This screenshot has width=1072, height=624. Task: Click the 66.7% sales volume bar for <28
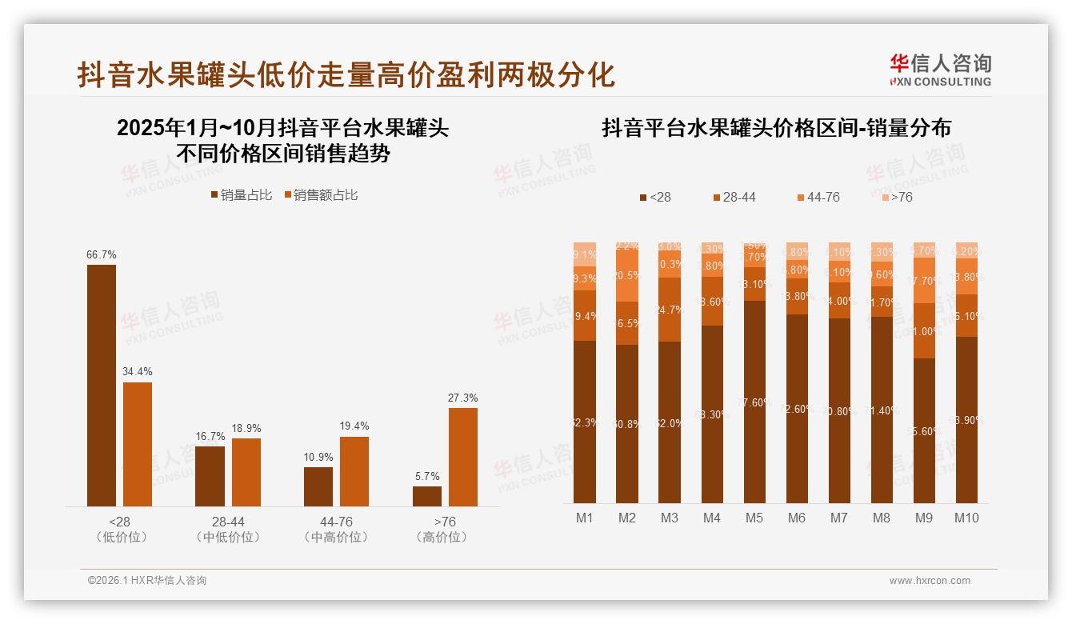tap(101, 385)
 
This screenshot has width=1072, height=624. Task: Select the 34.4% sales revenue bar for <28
tap(137, 444)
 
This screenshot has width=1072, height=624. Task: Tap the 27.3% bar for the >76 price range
tap(462, 457)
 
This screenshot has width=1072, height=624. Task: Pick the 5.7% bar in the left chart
tap(426, 496)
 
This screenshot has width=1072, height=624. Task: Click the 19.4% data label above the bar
tap(354, 426)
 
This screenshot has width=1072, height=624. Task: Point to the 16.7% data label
tap(210, 436)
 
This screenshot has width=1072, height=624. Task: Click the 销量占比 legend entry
tap(241, 194)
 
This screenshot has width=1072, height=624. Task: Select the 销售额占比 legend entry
tap(320, 194)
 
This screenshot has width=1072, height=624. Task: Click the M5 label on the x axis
tap(754, 518)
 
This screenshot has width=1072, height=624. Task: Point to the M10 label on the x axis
tap(966, 518)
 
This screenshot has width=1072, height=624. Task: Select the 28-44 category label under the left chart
tap(228, 522)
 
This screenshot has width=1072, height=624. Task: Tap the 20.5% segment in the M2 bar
tap(627, 275)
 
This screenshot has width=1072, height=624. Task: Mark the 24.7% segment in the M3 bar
tap(670, 310)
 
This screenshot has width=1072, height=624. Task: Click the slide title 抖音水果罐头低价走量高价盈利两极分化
tap(346, 74)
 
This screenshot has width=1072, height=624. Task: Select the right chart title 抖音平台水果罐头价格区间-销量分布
tap(776, 128)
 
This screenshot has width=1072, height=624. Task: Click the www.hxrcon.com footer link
tap(929, 581)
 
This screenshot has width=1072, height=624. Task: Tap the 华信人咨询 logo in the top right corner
tap(940, 70)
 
